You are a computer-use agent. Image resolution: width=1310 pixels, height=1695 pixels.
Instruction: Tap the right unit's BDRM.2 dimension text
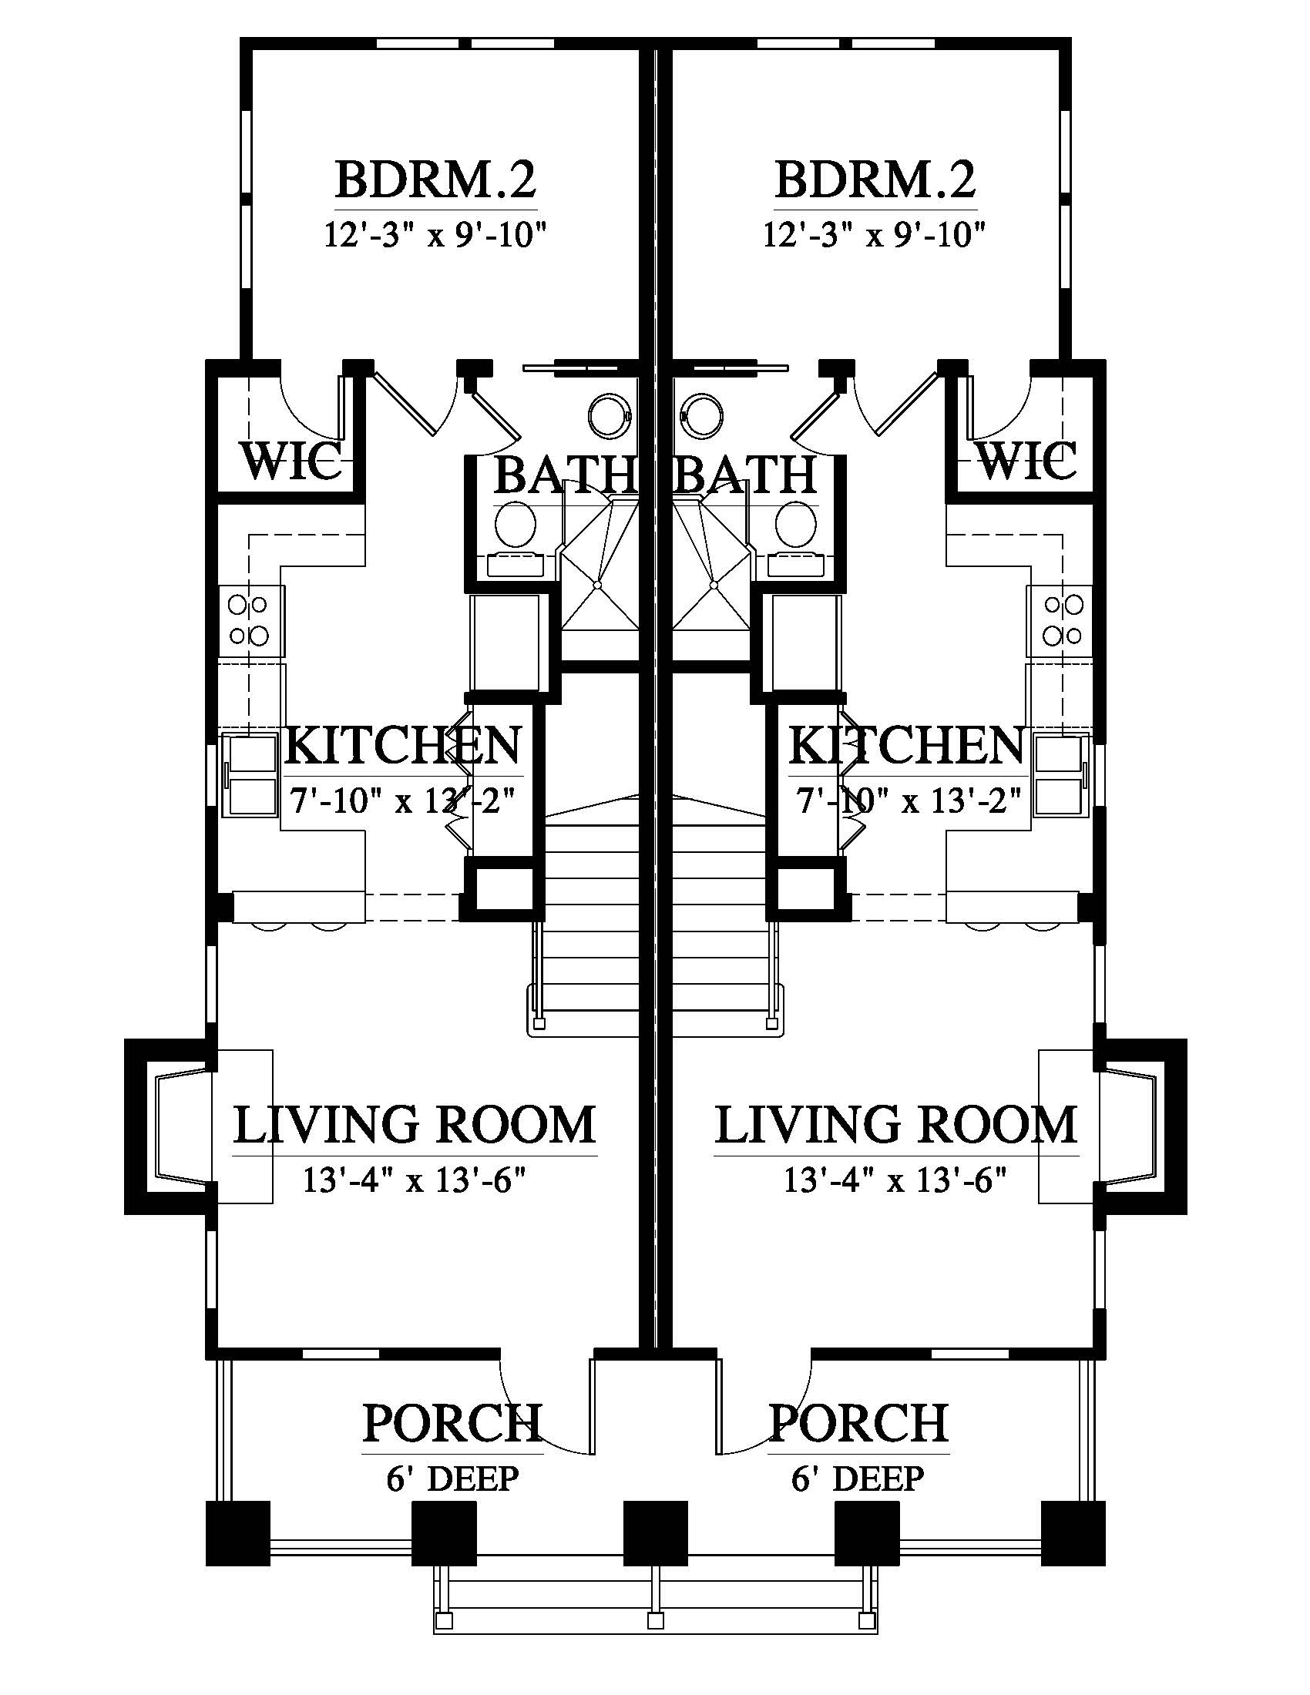tap(875, 233)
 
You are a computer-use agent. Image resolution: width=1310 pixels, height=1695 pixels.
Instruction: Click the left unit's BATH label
tap(565, 475)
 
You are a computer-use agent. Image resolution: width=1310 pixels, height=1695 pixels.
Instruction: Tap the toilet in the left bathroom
tap(516, 525)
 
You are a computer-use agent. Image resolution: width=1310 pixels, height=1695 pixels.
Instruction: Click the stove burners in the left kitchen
tap(248, 620)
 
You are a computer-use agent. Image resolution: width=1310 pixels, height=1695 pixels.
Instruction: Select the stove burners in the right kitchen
tap(1063, 620)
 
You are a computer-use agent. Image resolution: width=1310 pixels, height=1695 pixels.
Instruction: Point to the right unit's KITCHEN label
tap(906, 745)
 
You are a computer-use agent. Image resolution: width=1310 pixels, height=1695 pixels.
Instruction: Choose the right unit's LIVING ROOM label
tap(895, 1125)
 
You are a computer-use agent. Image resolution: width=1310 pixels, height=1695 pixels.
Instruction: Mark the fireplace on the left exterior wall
tap(171, 1126)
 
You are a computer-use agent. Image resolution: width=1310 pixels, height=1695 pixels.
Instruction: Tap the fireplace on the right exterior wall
tap(1140, 1126)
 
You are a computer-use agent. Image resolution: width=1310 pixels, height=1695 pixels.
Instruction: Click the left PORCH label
tap(452, 1421)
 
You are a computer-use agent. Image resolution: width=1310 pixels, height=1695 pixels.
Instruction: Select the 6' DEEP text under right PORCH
tap(858, 1479)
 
